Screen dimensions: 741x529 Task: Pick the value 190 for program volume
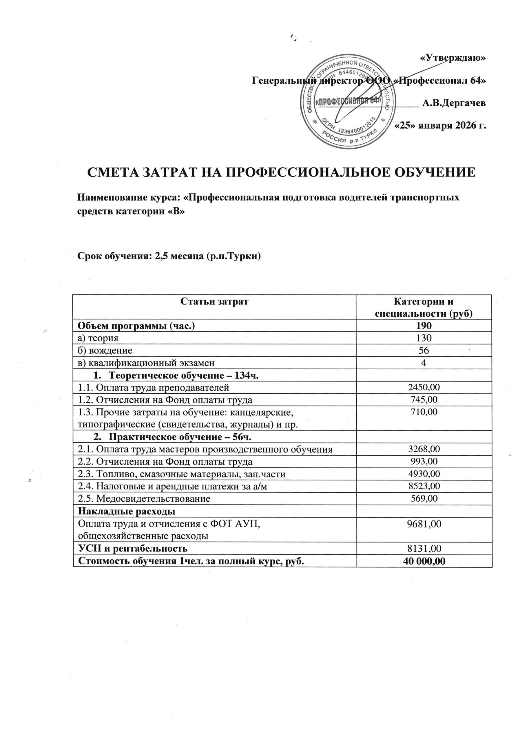(424, 325)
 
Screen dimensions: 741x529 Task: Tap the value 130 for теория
(424, 338)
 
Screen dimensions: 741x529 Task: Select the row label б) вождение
(105, 351)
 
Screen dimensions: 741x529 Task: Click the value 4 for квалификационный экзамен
(424, 363)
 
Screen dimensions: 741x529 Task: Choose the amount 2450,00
(424, 387)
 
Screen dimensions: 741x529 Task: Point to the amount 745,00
(424, 400)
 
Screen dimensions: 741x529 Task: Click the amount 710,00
(424, 412)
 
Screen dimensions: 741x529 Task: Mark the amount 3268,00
(424, 449)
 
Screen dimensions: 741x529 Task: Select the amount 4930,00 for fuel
(424, 474)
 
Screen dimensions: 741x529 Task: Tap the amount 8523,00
(424, 486)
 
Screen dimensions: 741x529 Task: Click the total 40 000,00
(424, 561)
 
